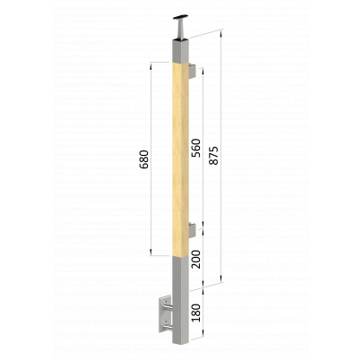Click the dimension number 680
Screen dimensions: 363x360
pyautogui.click(x=143, y=159)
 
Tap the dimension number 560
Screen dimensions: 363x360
pyautogui.click(x=195, y=148)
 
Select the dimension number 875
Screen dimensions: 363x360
pyautogui.click(x=213, y=155)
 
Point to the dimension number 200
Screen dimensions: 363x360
pyautogui.click(x=195, y=259)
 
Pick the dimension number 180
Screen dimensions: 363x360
pyautogui.click(x=195, y=313)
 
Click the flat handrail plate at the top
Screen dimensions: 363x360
pyautogui.click(x=180, y=17)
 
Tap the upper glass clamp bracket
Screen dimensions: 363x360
pyautogui.click(x=192, y=71)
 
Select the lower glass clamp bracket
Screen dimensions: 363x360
pyautogui.click(x=192, y=230)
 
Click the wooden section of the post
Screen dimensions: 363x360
pyautogui.click(x=180, y=159)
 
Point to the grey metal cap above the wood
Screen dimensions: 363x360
pyautogui.click(x=180, y=51)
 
